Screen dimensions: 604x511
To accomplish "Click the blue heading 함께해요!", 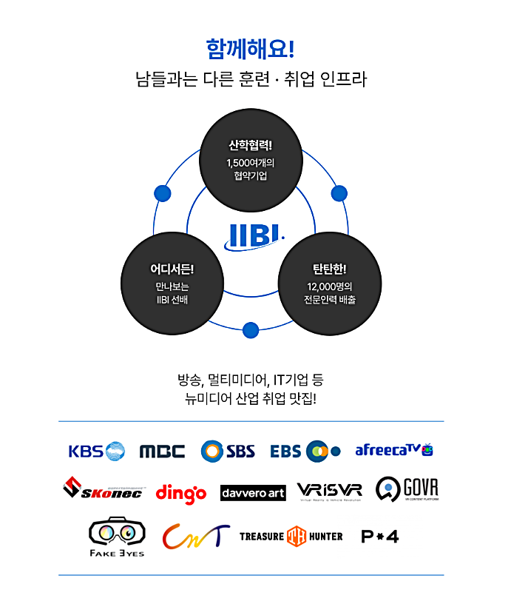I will click(x=251, y=49).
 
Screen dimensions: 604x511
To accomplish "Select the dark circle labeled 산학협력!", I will click(x=251, y=159).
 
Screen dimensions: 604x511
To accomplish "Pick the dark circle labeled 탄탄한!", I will click(x=329, y=284).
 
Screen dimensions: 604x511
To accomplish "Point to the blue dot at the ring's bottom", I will click(x=251, y=329).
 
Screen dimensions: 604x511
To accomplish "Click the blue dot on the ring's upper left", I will click(x=162, y=193).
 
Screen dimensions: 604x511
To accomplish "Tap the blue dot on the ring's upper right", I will click(x=339, y=193).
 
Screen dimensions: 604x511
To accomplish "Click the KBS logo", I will click(x=96, y=451).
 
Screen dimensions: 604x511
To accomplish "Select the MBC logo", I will click(x=163, y=452).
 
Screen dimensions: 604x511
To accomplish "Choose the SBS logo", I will click(x=228, y=451).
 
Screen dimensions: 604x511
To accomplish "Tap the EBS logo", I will click(x=305, y=451).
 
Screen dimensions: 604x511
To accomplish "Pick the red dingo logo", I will click(x=181, y=492).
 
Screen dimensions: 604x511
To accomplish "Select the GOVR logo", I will click(x=407, y=489).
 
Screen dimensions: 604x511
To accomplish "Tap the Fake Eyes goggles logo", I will click(x=117, y=537).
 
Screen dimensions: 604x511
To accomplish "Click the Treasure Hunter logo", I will click(x=291, y=536).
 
